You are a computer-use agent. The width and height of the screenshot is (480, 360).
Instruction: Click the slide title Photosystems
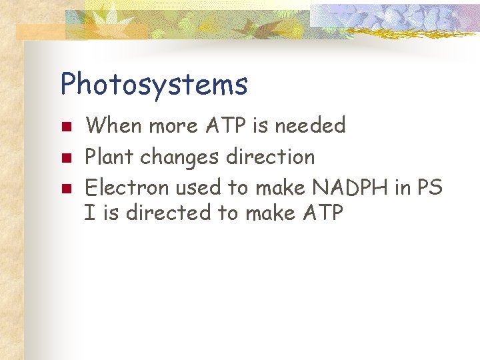tap(154, 85)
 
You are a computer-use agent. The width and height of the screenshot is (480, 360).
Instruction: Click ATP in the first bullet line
tap(223, 125)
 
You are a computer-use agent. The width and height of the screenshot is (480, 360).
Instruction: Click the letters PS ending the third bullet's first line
tap(429, 188)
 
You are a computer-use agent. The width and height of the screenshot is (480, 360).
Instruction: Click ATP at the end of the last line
tap(321, 213)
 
